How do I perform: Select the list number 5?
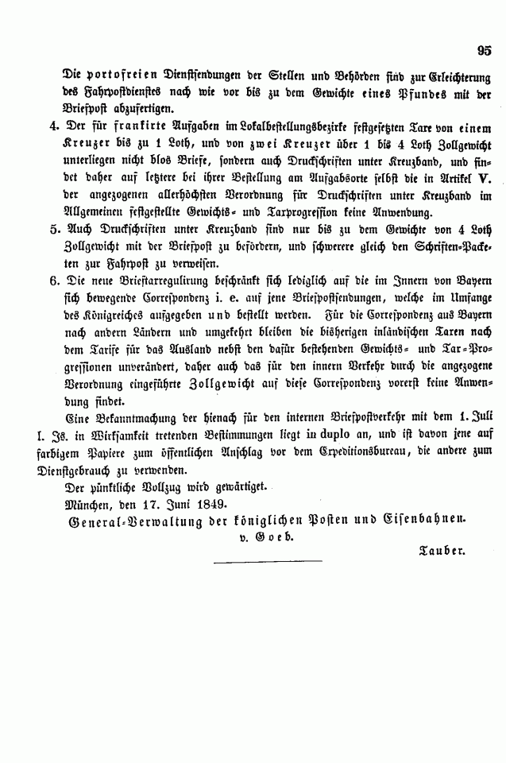(x=53, y=228)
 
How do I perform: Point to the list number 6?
(x=53, y=281)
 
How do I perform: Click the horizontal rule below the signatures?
(x=268, y=561)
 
